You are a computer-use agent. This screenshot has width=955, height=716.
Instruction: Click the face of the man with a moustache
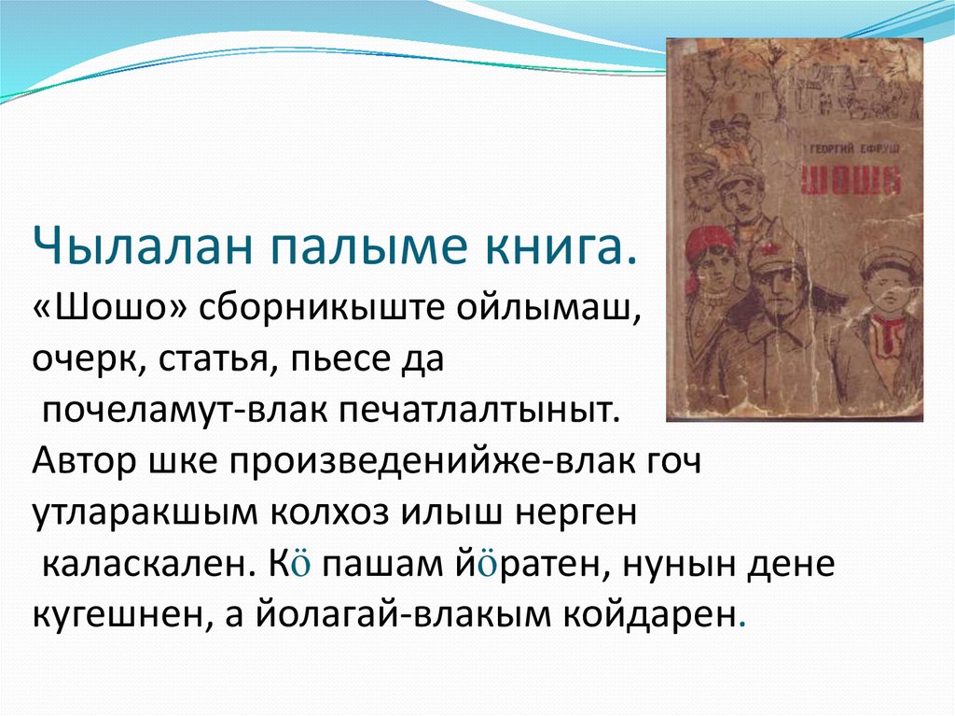[x=750, y=196]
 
